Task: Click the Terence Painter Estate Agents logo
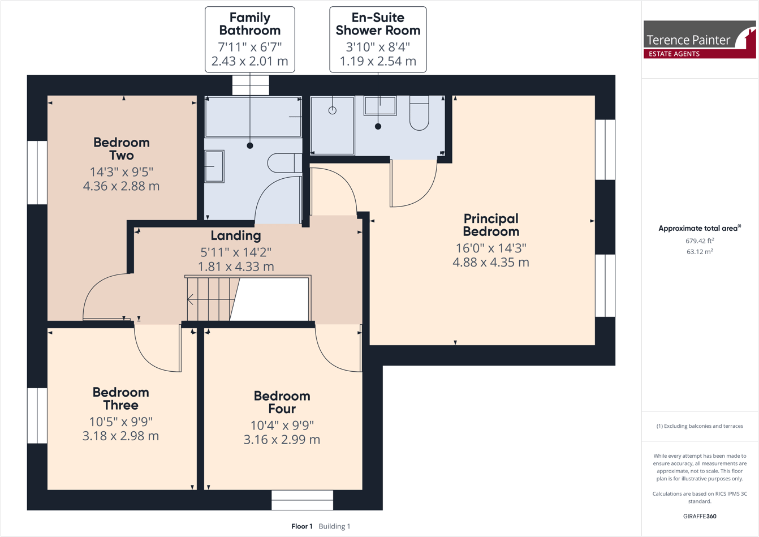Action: click(x=700, y=39)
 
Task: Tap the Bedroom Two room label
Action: click(x=121, y=149)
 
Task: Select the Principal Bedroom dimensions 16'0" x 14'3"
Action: click(x=491, y=248)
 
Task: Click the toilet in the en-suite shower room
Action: click(x=419, y=113)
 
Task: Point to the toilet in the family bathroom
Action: click(x=284, y=163)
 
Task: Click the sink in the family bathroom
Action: click(x=214, y=166)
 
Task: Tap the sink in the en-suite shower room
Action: click(x=380, y=105)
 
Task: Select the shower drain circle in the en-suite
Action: click(x=333, y=110)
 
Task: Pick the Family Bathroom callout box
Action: click(x=250, y=39)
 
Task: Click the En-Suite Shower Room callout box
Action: click(x=378, y=39)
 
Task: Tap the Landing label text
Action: click(x=236, y=235)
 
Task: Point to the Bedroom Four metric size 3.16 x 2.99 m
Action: click(x=282, y=439)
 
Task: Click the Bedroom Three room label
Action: click(x=120, y=399)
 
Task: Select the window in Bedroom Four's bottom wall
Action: click(x=302, y=500)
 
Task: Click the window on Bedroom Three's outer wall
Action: click(x=37, y=415)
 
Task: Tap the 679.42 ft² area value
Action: click(x=700, y=240)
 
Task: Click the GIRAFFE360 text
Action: click(x=700, y=516)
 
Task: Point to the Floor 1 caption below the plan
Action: click(x=301, y=526)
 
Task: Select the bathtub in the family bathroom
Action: click(x=253, y=117)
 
